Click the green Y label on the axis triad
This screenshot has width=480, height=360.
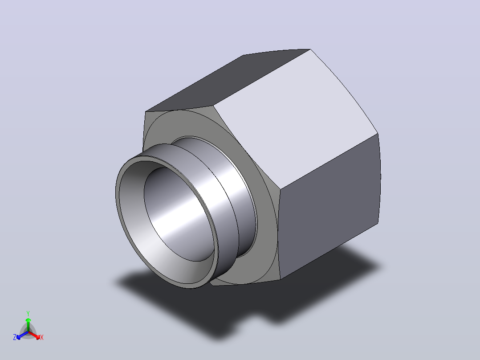(28, 313)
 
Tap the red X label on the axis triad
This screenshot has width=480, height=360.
(42, 337)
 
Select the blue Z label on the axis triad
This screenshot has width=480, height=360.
(15, 337)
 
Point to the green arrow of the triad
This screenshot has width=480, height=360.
(28, 324)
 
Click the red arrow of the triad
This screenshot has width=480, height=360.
(34, 335)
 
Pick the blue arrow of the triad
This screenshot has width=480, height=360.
(22, 335)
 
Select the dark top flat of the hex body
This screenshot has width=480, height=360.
(228, 80)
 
